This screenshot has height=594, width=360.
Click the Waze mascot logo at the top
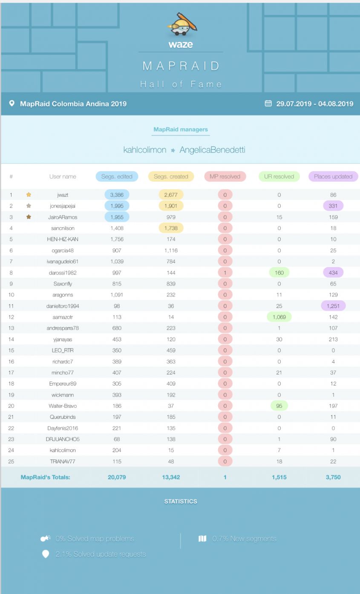[181, 25]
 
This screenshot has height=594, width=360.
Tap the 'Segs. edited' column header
[117, 176]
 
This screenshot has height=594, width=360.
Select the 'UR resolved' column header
[279, 176]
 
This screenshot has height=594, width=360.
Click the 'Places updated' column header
[333, 176]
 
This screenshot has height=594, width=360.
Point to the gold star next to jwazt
[29, 195]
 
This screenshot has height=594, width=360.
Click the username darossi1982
[63, 272]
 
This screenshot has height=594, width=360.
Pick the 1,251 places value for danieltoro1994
[333, 306]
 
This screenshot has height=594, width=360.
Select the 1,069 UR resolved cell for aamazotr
[279, 317]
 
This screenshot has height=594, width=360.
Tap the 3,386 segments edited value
[117, 195]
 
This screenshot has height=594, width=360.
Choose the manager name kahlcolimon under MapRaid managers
[145, 150]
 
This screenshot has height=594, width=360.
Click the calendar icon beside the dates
[268, 104]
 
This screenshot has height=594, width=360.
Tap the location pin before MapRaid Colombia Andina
[12, 104]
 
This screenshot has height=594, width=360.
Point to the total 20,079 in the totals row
[117, 477]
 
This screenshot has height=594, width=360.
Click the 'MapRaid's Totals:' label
[45, 477]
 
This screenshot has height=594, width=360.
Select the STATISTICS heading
[181, 502]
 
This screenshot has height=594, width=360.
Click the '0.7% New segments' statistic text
[244, 539]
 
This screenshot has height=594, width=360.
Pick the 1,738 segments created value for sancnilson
[171, 228]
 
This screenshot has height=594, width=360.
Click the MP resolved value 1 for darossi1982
[225, 272]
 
